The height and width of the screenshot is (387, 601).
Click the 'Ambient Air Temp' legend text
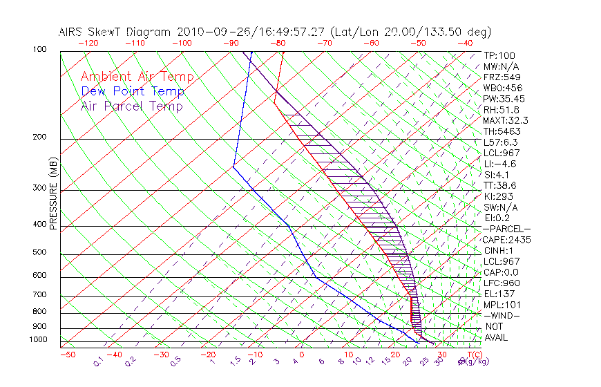137,77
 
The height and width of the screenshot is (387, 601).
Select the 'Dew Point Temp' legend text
133,91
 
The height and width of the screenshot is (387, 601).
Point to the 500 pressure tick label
40,253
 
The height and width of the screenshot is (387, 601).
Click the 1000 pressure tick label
38,339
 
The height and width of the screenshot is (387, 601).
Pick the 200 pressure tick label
40,138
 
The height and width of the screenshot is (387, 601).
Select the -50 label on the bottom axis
67,355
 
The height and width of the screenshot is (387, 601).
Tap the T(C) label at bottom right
472,355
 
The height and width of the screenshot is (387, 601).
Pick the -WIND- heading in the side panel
503,315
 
